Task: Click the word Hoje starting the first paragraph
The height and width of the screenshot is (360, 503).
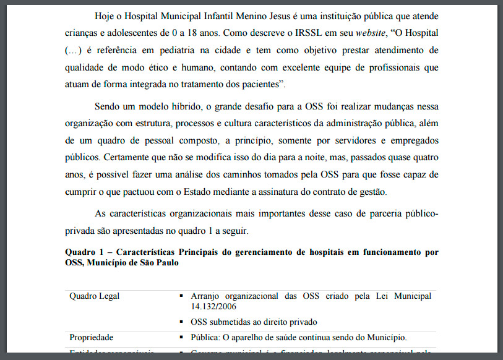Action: tap(105, 15)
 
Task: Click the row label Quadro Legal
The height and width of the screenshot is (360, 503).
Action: tap(94, 296)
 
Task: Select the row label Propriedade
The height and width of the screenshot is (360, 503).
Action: tap(92, 337)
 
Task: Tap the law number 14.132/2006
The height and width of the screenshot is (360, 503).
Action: tap(215, 306)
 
